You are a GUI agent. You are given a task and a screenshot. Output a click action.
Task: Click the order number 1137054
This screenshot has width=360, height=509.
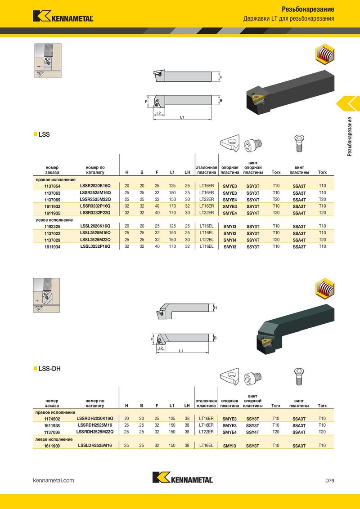coord(52,186)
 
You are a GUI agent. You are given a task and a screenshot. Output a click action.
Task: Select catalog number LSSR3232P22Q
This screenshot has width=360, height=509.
coord(95,213)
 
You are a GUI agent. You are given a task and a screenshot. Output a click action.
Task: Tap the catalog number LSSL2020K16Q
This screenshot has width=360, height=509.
coord(95,226)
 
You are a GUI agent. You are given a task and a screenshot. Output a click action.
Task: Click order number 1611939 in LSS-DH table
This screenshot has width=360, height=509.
coord(52,446)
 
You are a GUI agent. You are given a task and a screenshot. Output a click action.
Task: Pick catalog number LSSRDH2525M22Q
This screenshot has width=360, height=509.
coord(95,432)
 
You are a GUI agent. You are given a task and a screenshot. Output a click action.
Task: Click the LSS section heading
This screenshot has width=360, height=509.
coord(44,134)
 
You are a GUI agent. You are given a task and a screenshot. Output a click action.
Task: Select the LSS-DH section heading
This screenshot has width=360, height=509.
coord(49,369)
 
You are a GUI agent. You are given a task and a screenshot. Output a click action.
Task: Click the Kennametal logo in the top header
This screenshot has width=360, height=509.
coord(63,16)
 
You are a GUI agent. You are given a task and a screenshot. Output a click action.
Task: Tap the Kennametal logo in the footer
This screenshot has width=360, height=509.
coord(183,478)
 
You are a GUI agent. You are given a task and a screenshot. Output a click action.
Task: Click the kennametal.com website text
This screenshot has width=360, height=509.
coord(54,480)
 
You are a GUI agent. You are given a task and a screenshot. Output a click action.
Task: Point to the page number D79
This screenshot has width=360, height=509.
coord(330,480)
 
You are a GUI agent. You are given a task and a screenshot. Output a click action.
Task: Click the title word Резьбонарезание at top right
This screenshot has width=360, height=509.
coord(308,9)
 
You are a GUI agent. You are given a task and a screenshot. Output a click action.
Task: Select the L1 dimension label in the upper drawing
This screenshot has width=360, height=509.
coord(182,117)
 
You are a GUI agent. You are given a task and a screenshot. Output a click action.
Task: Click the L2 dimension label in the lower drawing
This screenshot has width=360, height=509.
coord(160,348)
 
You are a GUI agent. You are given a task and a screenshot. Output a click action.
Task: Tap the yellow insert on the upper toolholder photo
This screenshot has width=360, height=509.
coord(258,96)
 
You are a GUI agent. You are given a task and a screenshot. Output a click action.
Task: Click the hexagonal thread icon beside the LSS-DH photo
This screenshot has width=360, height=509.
coord(324,288)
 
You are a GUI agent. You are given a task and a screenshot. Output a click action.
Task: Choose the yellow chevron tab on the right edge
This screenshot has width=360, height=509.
coord(348,104)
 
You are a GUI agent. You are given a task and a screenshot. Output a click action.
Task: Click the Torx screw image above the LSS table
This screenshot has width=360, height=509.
coord(299,143)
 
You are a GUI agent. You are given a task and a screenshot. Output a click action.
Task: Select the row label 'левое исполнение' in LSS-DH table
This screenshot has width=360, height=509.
coord(54,439)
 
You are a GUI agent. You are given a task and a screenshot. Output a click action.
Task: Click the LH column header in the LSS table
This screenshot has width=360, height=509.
coord(188,172)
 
